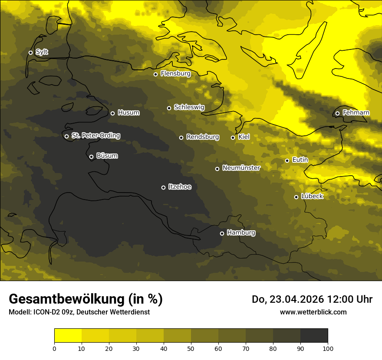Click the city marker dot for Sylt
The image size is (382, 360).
[30, 52]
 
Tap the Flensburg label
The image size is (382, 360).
[175, 74]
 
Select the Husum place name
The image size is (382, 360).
[128, 113]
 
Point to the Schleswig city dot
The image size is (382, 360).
[169, 108]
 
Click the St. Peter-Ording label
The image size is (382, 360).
[95, 136]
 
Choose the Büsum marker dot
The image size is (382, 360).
[91, 157]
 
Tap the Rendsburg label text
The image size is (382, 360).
[202, 137]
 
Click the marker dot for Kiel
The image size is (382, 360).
[233, 137]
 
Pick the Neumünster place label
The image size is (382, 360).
[241, 168]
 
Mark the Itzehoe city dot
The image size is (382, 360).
[163, 187]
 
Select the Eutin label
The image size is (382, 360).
[300, 160]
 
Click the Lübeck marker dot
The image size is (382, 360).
[296, 197]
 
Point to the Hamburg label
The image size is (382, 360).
[241, 233]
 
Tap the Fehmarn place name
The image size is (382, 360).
[356, 113]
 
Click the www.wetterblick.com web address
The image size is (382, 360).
[313, 312]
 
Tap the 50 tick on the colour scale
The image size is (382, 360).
[191, 348]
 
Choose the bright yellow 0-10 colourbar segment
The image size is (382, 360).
[68, 336]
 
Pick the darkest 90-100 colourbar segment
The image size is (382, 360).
[314, 336]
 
